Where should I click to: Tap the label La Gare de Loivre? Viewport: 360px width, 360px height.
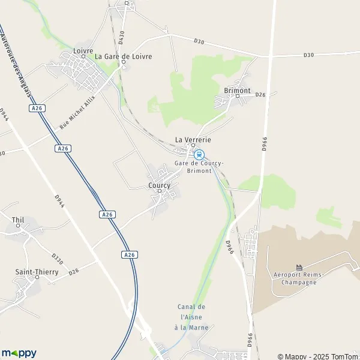coord(124,56)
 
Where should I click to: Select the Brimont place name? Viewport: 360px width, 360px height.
coord(236,90)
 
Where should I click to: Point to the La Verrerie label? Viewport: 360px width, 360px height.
coord(193,139)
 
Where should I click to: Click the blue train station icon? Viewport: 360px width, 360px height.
coord(200,154)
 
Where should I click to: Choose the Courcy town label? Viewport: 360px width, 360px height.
coord(160,185)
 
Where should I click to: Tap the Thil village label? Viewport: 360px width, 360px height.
coord(17,220)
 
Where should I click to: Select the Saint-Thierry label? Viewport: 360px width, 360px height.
coord(37,272)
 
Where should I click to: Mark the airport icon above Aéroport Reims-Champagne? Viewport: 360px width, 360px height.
coord(299,266)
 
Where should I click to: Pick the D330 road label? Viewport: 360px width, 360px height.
coord(57,259)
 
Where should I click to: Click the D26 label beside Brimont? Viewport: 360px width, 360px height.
coord(260,95)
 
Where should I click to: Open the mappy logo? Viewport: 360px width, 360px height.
coord(19,353)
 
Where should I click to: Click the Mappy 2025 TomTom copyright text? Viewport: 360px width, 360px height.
coord(317,356)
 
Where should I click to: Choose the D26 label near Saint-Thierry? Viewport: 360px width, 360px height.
coord(73,272)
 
